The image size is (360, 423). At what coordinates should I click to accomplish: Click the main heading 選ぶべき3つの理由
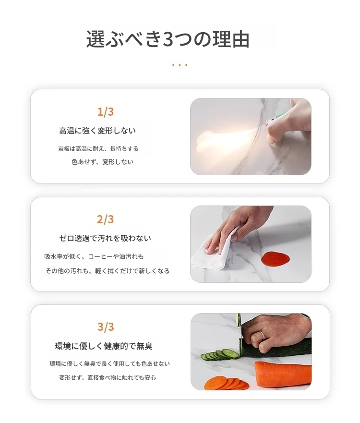click(x=168, y=39)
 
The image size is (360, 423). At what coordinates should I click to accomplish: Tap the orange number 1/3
click(x=106, y=112)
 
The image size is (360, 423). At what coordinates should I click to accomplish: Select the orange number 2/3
click(x=106, y=219)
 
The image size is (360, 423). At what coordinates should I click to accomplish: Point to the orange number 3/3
click(x=106, y=326)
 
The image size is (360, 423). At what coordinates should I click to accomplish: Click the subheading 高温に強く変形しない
click(x=97, y=131)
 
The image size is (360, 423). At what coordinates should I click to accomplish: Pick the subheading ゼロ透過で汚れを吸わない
click(x=105, y=238)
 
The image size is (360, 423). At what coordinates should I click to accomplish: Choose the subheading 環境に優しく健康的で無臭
click(x=104, y=346)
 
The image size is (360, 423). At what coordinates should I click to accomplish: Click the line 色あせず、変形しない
click(x=102, y=162)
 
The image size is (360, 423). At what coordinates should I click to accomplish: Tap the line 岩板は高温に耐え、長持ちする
click(x=98, y=149)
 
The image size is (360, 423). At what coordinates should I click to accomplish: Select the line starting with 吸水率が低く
click(x=94, y=256)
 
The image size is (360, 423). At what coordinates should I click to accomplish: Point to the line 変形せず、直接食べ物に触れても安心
click(x=108, y=378)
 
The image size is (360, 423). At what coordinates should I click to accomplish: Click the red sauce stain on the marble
click(x=275, y=258)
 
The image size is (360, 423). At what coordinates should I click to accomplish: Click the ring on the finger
click(x=262, y=336)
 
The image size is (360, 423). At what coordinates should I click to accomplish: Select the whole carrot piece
click(x=283, y=374)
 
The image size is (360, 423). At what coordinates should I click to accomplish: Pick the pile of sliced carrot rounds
click(x=227, y=383)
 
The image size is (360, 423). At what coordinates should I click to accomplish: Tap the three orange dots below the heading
click(x=180, y=65)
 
